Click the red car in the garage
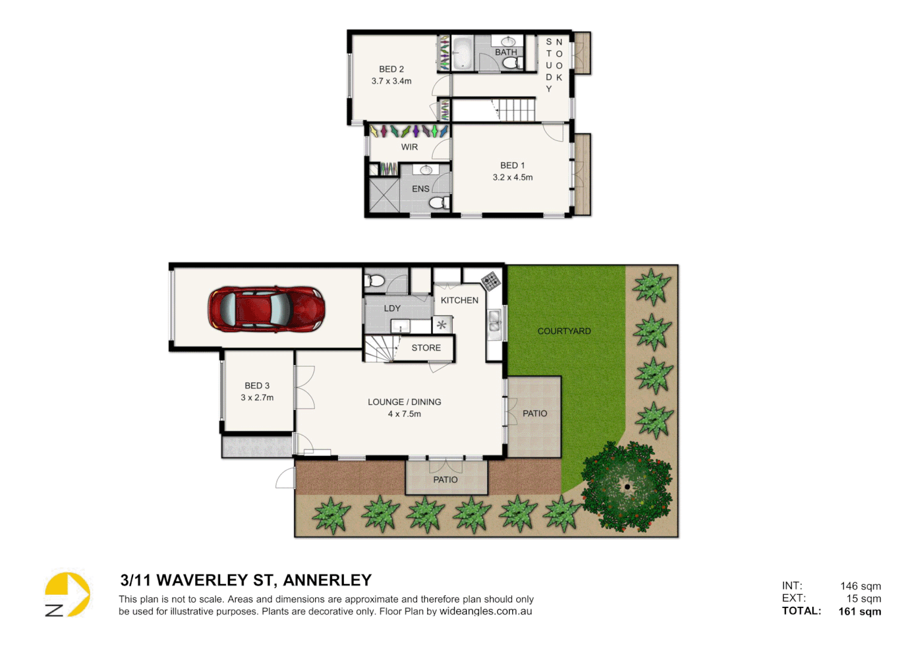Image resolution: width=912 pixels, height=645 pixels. [x=266, y=309]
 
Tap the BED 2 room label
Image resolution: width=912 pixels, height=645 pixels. [x=392, y=69]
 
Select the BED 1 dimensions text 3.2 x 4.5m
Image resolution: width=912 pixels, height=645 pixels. [x=513, y=177]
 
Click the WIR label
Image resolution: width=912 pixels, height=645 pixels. [x=409, y=147]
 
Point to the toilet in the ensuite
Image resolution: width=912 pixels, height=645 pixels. [x=439, y=203]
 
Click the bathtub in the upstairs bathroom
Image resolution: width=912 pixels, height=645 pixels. [x=462, y=53]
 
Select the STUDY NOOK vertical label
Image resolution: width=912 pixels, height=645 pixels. [x=554, y=64]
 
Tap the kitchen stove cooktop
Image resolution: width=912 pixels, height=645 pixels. [x=491, y=280]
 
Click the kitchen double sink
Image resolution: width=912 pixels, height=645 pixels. [x=495, y=321]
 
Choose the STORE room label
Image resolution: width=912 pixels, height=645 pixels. [x=426, y=348]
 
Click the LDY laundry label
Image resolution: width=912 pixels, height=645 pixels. [x=392, y=308]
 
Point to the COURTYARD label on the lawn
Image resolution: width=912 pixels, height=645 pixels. [x=564, y=331]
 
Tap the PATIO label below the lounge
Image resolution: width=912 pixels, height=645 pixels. [x=445, y=480]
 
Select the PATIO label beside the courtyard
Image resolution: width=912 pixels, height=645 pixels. [x=535, y=413]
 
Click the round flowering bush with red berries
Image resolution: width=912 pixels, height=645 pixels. [x=626, y=487]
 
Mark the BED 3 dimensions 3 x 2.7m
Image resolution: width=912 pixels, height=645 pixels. [x=257, y=398]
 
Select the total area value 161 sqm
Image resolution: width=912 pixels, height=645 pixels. [x=859, y=611]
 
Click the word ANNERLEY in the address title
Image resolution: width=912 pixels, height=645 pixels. [x=327, y=580]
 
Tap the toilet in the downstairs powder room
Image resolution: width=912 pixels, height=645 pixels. [x=376, y=279]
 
